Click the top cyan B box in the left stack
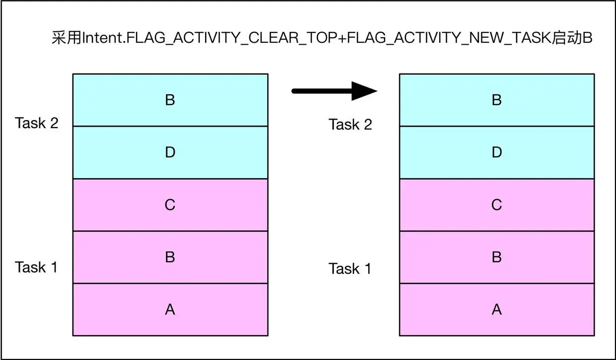(170, 100)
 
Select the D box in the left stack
(170, 152)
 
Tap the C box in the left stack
(170, 205)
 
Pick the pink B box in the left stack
(170, 257)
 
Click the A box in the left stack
(170, 310)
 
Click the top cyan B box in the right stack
(496, 100)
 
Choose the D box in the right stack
(496, 152)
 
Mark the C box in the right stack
(496, 205)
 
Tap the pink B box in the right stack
(496, 257)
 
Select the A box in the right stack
(496, 310)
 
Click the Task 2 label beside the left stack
(37, 123)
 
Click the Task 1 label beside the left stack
(37, 267)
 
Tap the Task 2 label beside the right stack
(350, 125)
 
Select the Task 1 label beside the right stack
(350, 269)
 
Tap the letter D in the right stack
(496, 152)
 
